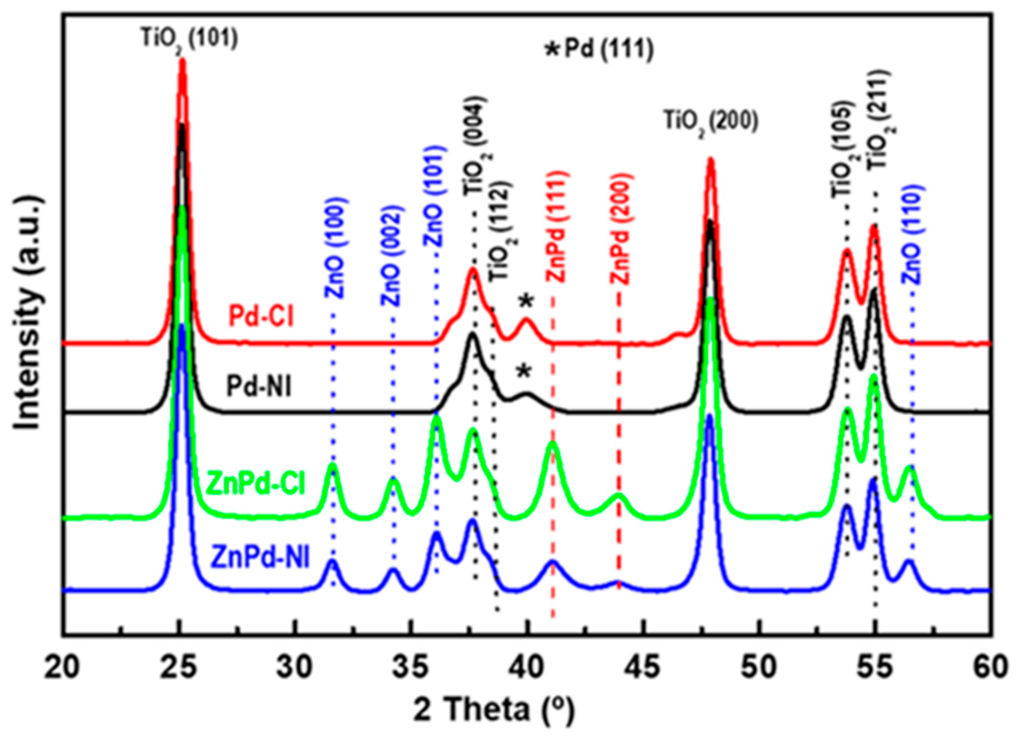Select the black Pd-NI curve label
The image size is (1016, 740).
[260, 386]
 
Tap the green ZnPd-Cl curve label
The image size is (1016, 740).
[255, 484]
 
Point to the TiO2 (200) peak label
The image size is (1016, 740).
[711, 121]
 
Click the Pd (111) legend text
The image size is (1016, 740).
[599, 50]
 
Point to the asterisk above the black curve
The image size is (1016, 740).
[523, 371]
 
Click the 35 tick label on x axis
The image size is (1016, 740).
[411, 667]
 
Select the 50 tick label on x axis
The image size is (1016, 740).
[760, 667]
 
